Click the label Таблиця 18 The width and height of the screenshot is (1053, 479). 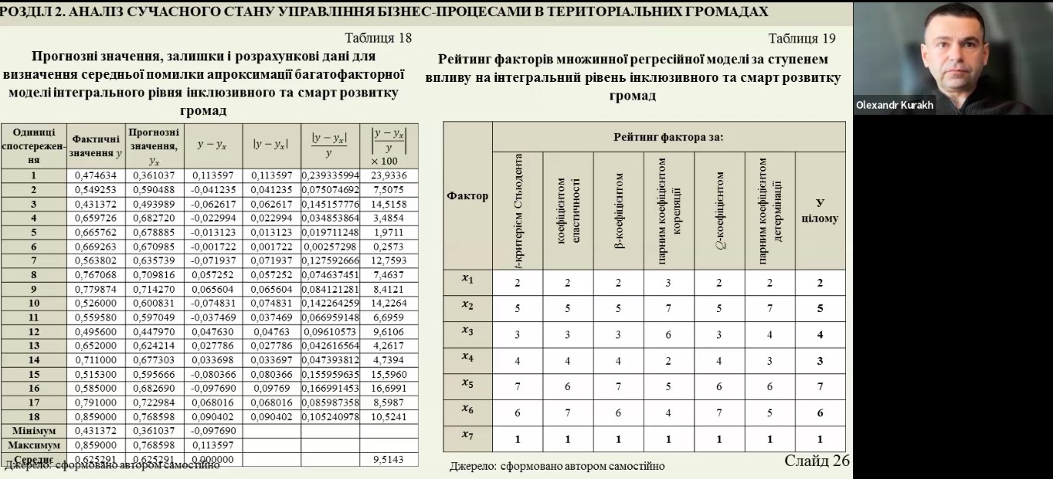[379, 38]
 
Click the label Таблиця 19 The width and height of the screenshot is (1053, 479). [802, 38]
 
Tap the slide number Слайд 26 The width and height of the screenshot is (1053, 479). [817, 460]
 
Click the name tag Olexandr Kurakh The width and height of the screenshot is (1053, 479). [894, 105]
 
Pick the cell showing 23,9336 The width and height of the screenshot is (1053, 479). [389, 175]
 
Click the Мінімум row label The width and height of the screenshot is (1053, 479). [33, 430]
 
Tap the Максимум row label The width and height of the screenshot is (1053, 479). [33, 445]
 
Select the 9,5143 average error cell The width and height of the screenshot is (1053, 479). [389, 460]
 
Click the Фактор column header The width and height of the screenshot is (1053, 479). [467, 195]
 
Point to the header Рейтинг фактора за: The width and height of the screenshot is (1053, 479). [668, 137]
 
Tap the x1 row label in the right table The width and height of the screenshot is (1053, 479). [467, 279]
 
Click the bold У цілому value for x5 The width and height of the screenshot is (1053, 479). [820, 386]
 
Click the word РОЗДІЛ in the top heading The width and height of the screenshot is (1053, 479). [20, 11]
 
